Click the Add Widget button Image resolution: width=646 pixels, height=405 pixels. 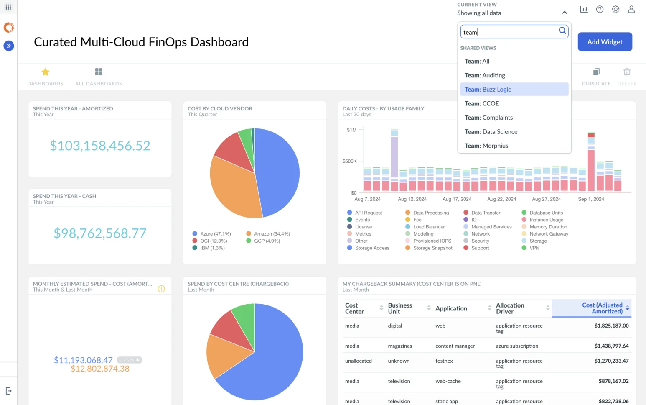click(604, 42)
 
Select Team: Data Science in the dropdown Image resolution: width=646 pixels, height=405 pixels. click(491, 132)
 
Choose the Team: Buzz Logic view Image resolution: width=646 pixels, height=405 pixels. click(488, 90)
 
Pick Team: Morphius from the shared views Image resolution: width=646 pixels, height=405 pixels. click(486, 146)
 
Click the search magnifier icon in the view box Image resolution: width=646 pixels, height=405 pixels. click(562, 31)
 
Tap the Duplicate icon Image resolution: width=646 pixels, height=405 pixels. click(596, 72)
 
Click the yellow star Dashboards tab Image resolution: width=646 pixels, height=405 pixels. click(46, 72)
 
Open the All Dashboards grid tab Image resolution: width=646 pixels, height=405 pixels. click(99, 72)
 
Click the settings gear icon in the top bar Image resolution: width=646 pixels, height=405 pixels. click(615, 9)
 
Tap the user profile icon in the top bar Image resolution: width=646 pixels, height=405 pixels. click(631, 9)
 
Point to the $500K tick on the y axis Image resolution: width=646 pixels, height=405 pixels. click(349, 161)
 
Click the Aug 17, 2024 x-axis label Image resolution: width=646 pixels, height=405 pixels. click(457, 199)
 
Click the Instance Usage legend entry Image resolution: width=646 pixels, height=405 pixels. click(546, 220)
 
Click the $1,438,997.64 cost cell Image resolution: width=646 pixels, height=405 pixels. click(611, 346)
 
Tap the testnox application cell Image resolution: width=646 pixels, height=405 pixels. click(444, 361)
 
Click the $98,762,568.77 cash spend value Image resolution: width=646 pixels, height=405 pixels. click(100, 233)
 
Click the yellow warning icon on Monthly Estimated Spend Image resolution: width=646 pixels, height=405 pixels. click(161, 289)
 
